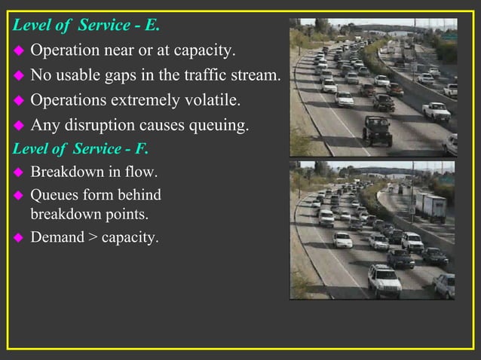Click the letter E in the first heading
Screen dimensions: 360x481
point(152,25)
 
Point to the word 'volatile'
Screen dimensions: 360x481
point(219,100)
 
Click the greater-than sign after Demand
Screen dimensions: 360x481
point(93,238)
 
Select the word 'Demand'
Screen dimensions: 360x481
point(57,238)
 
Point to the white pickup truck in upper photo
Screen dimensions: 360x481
point(436,111)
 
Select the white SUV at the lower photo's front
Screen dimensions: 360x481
point(384,281)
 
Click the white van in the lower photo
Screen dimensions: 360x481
point(326,218)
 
